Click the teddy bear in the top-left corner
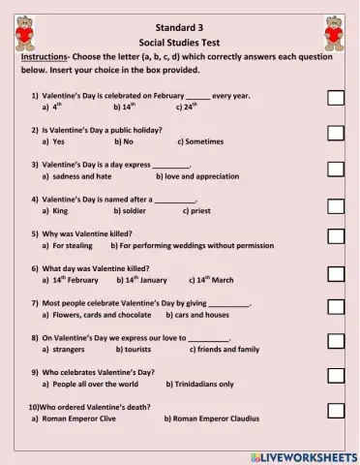(x=25, y=32)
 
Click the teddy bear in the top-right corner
(x=335, y=32)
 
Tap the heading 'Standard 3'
(x=181, y=26)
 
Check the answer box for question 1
(x=335, y=98)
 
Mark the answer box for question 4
(x=335, y=203)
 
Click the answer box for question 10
(x=335, y=412)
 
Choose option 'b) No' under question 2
(x=123, y=141)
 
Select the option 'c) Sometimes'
(x=200, y=141)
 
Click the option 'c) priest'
(x=195, y=210)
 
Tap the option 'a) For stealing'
(x=68, y=245)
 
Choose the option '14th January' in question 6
(x=141, y=280)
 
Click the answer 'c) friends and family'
(x=225, y=349)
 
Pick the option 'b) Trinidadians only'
(x=199, y=384)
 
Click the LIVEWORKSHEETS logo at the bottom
(x=303, y=455)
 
